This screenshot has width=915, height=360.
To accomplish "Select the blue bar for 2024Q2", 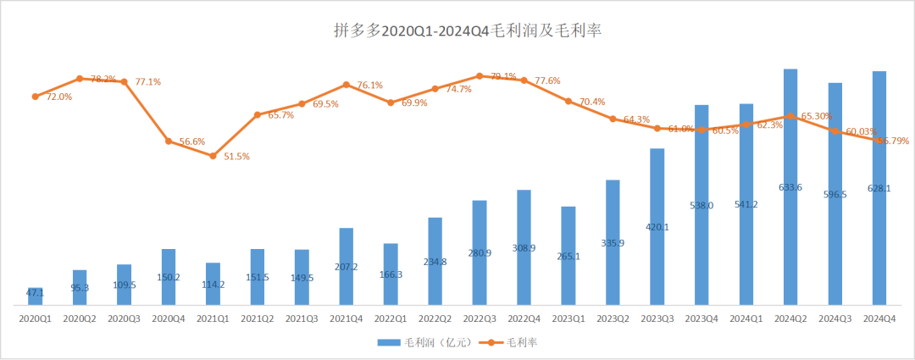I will point(790,186).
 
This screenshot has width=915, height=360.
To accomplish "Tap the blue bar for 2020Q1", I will point(35,296).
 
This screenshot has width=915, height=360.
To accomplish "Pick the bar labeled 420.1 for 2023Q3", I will point(657,226).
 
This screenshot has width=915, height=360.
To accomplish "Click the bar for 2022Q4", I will point(524,246).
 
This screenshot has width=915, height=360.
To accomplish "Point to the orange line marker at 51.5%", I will point(213,156).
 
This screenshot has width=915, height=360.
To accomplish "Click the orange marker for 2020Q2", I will point(80,79).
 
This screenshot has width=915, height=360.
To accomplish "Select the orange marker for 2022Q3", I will point(480,76).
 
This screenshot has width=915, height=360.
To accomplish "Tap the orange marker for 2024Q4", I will point(879,141).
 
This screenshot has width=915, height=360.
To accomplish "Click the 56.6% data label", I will point(192,141).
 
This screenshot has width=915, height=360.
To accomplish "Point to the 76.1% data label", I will point(369,86).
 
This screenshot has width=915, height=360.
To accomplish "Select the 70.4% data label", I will point(591,102).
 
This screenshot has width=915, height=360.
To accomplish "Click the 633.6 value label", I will point(790,187).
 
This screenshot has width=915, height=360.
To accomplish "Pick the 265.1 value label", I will point(568,258).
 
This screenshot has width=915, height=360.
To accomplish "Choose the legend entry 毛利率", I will point(509,342).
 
